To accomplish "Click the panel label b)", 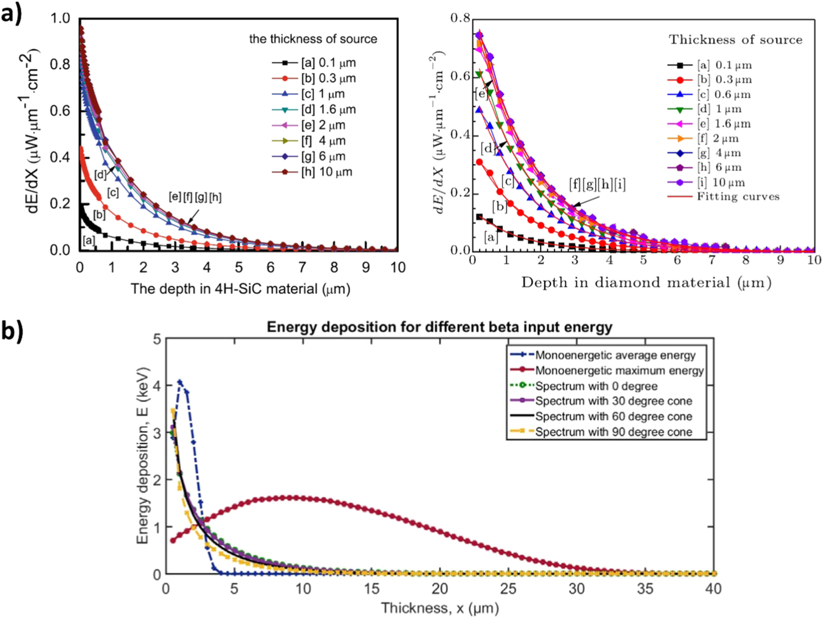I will pyautogui.click(x=12, y=330).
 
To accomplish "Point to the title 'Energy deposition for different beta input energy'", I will pyautogui.click(x=439, y=327).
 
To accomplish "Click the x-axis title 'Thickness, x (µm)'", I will pyautogui.click(x=439, y=608).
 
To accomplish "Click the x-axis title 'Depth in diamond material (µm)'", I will pyautogui.click(x=646, y=283).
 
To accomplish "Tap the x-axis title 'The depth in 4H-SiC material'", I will pyautogui.click(x=240, y=289).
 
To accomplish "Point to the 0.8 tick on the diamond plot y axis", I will pyautogui.click(x=460, y=18).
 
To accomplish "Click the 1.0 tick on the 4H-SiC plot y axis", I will pyautogui.click(x=60, y=18).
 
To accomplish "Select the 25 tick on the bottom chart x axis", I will pyautogui.click(x=508, y=589).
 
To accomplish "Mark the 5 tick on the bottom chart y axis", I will pyautogui.click(x=157, y=339).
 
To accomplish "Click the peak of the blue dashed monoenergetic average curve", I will pyautogui.click(x=180, y=382).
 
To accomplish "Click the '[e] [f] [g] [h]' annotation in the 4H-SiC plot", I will pyautogui.click(x=195, y=197).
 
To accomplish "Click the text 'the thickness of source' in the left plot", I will pyautogui.click(x=313, y=39).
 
